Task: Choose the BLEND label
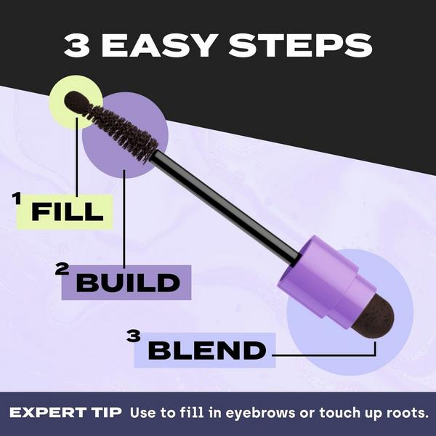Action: point(206,351)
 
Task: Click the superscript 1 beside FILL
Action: point(16,198)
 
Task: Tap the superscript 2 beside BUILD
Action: point(63,270)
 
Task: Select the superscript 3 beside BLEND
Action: point(133,336)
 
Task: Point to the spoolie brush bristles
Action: point(120,131)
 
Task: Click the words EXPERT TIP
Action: point(65,412)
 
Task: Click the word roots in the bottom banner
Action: point(403,412)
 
